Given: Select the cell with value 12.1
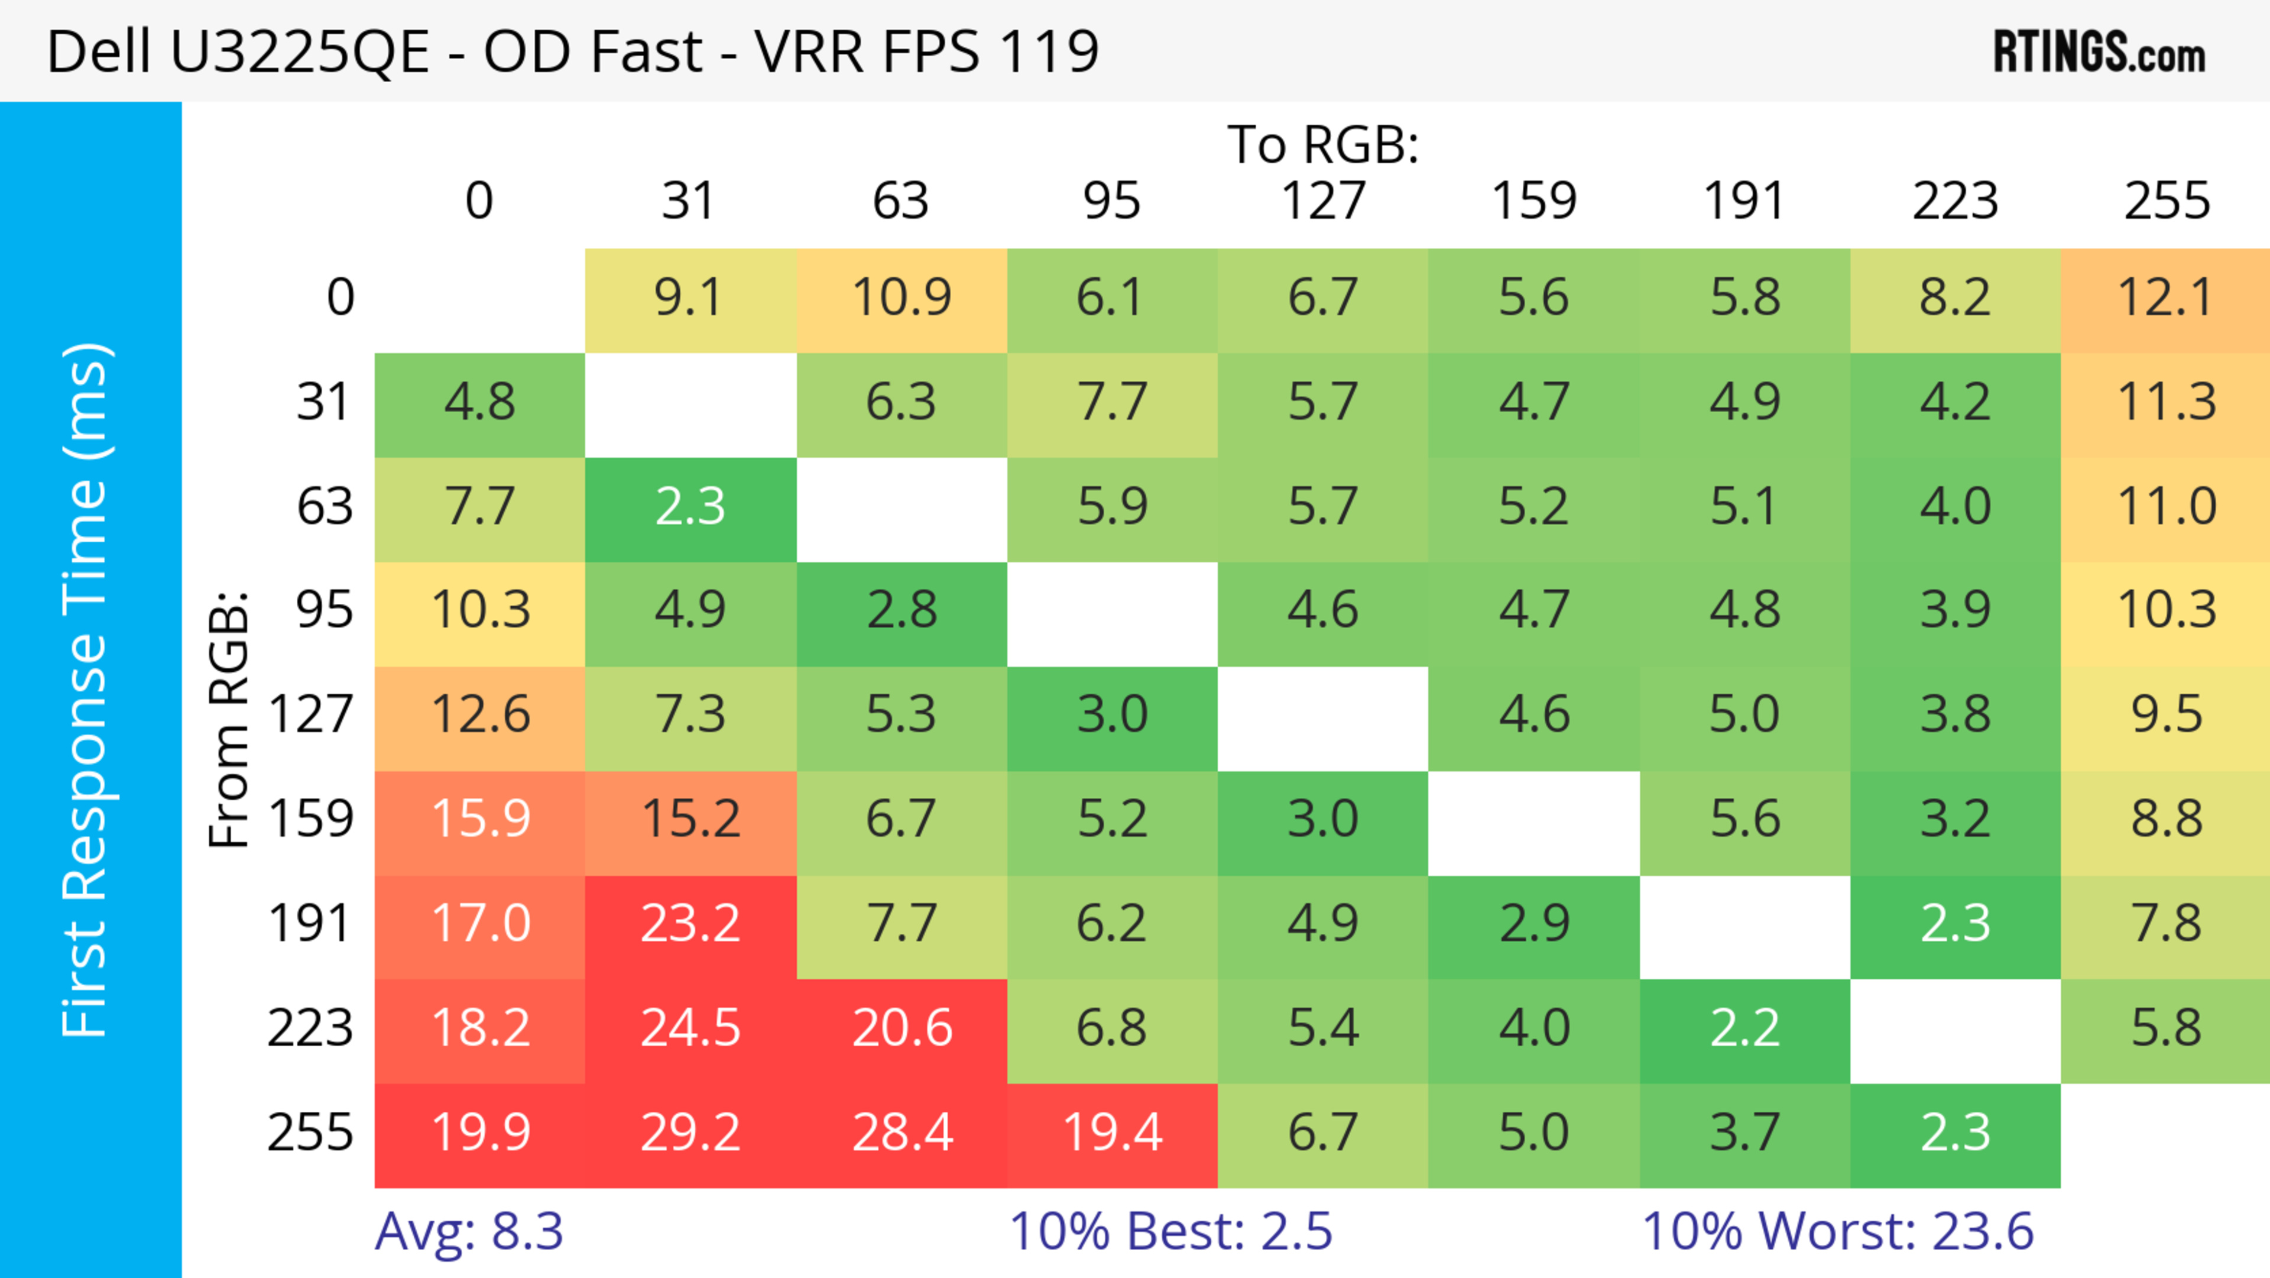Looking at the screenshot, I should [2165, 298].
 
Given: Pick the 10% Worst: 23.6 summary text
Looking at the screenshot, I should [1837, 1231].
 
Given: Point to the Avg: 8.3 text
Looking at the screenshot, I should [469, 1231].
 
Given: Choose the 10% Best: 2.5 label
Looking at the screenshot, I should [1170, 1231].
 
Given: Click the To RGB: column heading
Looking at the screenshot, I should [1323, 144].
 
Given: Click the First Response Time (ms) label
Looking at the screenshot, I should [86, 689].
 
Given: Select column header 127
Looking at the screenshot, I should [1323, 201].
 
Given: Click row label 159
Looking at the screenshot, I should [311, 819].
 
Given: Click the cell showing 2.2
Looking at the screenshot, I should [1745, 1028].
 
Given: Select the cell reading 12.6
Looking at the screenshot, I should [480, 715].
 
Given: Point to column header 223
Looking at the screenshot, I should [1954, 201].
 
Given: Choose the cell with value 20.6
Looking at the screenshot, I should [901, 1028].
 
